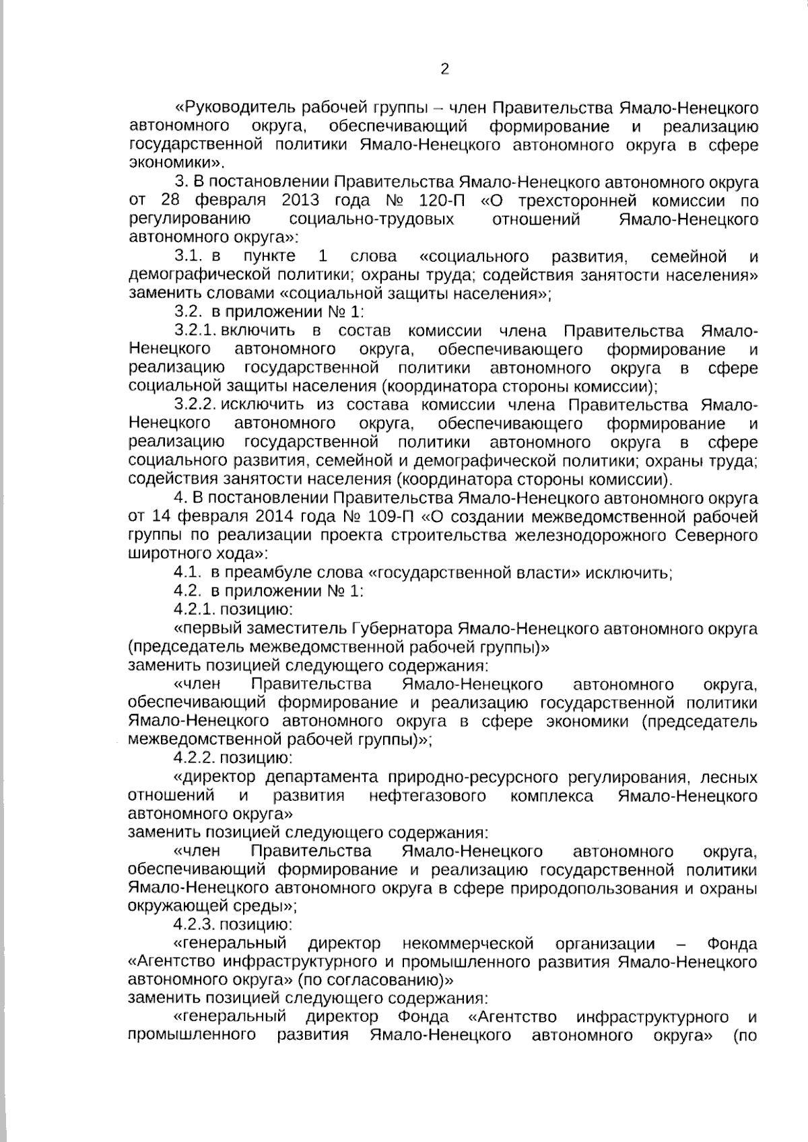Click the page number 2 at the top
(444, 69)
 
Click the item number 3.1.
(189, 256)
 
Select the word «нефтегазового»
(428, 797)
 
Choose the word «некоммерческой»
(468, 943)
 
